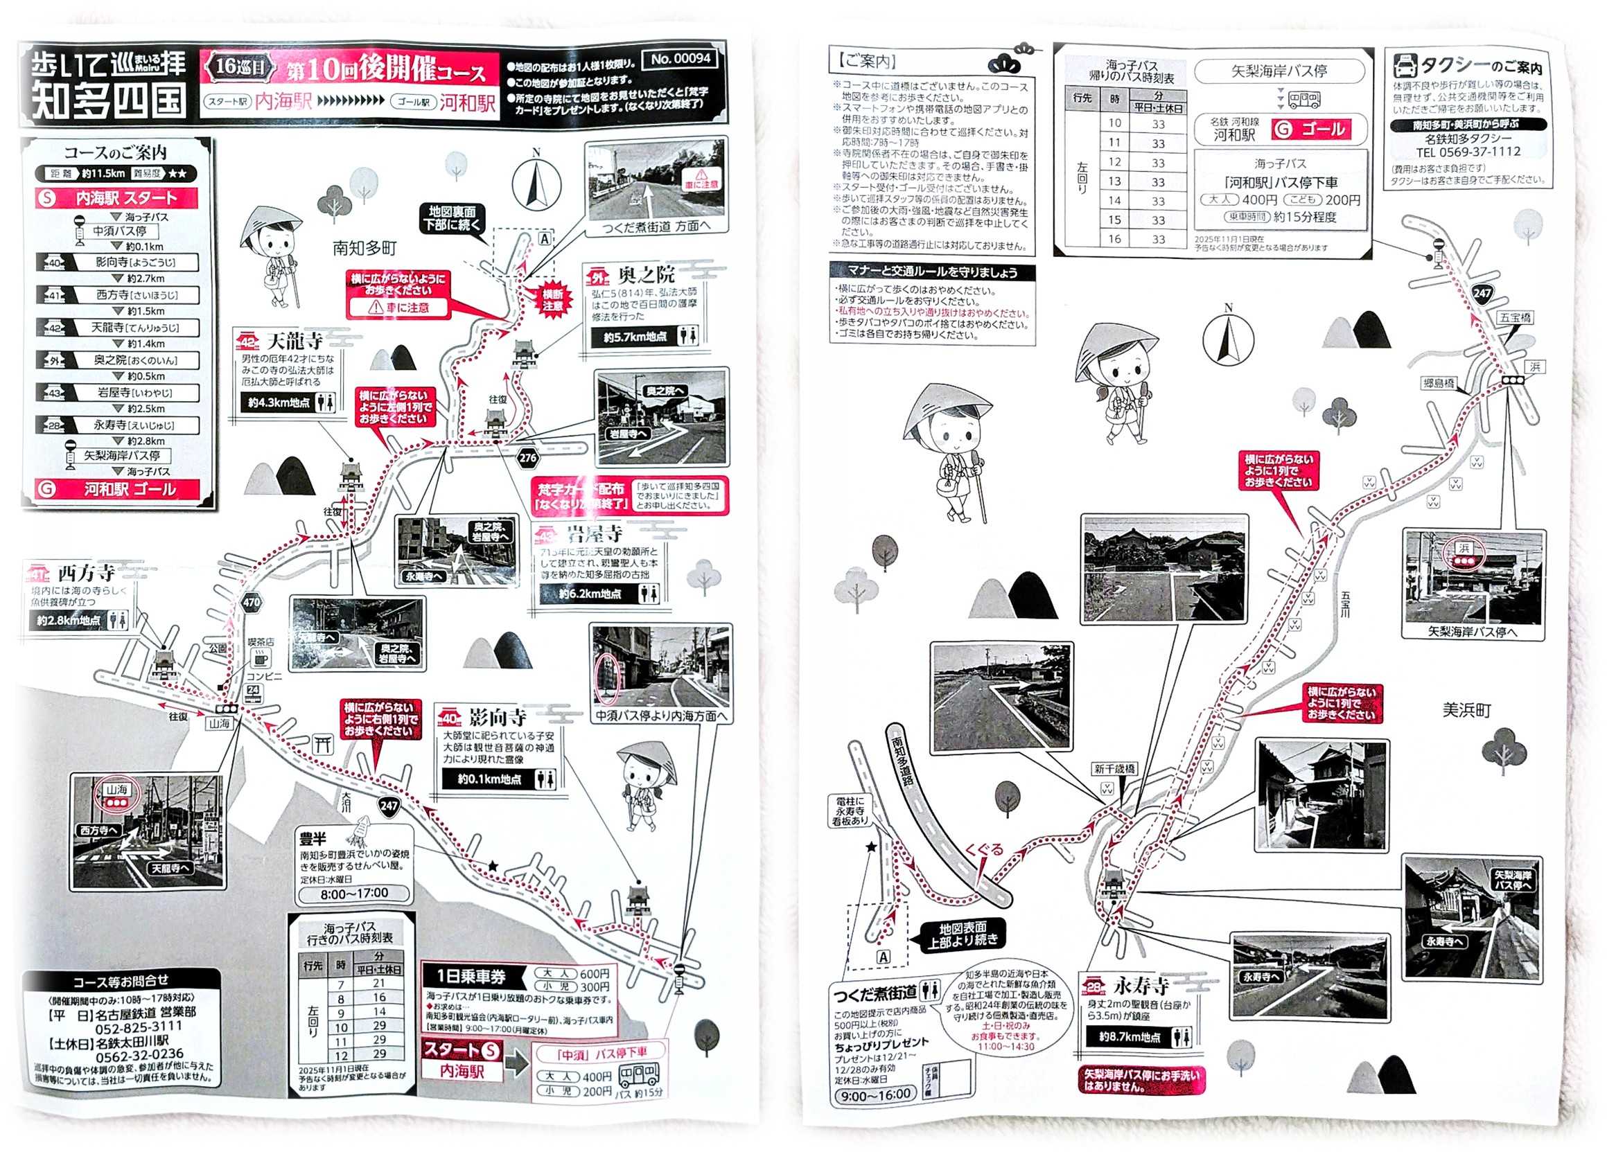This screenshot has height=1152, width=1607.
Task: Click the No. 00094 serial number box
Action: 680,60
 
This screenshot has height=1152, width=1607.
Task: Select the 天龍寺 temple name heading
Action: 295,342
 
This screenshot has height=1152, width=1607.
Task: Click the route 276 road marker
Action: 528,458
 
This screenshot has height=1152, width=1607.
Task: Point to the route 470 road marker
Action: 252,603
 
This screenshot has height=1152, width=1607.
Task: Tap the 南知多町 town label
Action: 365,248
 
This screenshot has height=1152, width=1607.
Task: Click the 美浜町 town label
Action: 1467,710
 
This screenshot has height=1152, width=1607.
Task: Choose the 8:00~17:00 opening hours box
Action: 354,894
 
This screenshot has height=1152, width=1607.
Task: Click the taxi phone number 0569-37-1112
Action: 1468,152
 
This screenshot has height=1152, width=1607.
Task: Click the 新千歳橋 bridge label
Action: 1114,769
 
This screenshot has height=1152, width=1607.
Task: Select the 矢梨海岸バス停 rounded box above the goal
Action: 1279,71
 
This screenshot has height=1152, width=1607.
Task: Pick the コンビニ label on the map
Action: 263,677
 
